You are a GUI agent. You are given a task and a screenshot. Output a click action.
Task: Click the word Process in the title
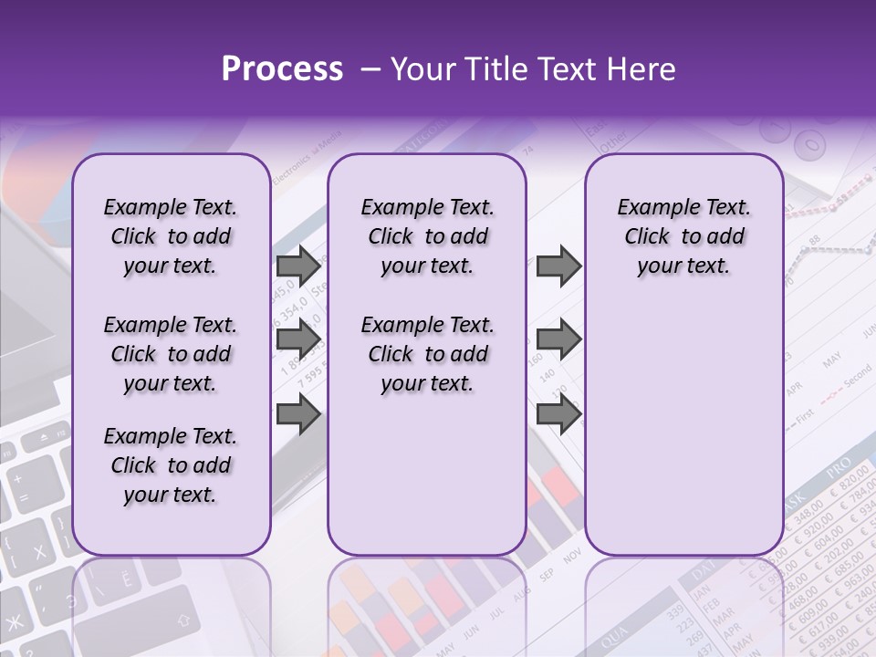pyautogui.click(x=282, y=69)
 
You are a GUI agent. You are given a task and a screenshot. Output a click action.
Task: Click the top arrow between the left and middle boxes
pyautogui.click(x=298, y=266)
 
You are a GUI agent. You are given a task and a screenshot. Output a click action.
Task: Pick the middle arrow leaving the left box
pyautogui.click(x=298, y=339)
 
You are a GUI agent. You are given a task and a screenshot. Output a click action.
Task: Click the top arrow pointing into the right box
pyautogui.click(x=558, y=266)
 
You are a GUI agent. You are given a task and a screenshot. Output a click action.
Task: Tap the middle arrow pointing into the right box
pyautogui.click(x=558, y=339)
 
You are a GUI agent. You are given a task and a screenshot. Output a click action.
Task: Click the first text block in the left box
pyautogui.click(x=171, y=236)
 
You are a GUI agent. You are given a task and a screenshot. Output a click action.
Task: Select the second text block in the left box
pyautogui.click(x=171, y=354)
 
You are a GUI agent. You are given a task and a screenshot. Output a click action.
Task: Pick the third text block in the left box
pyautogui.click(x=171, y=465)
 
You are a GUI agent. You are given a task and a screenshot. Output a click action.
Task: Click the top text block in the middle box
pyautogui.click(x=427, y=236)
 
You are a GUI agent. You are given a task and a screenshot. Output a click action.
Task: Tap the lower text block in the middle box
pyautogui.click(x=427, y=354)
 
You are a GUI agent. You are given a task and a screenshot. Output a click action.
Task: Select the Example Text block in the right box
pyautogui.click(x=683, y=236)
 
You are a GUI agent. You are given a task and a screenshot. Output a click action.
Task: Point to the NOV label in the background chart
pyautogui.click(x=572, y=557)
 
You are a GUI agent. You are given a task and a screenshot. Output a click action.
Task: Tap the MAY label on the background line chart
pyautogui.click(x=832, y=362)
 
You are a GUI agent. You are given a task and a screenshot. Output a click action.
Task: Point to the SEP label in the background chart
pyautogui.click(x=547, y=575)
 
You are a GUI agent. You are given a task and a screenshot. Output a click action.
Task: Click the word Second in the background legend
pyautogui.click(x=858, y=374)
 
